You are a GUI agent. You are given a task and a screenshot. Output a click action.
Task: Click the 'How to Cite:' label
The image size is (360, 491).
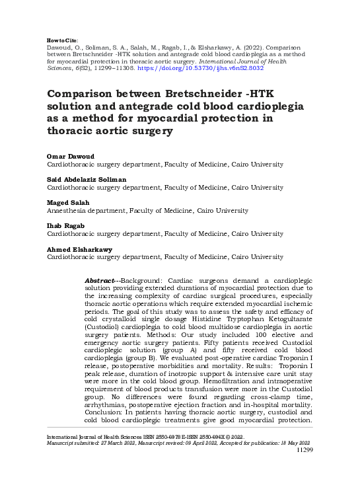tap(61, 40)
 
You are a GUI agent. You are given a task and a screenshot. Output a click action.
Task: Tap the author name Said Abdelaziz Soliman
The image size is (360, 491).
tap(87, 178)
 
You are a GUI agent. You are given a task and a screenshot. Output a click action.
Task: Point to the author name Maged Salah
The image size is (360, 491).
tap(67, 202)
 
